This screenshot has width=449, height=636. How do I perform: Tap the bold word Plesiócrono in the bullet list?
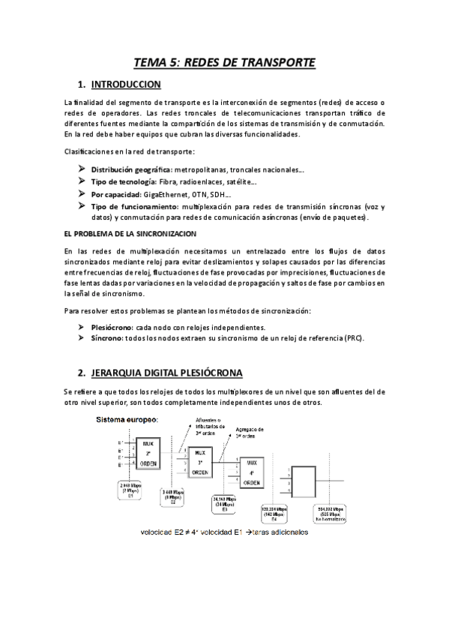[x=112, y=328]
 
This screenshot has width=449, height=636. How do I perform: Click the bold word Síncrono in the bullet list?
[x=106, y=339]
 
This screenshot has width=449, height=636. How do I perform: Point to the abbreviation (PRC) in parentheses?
[x=354, y=339]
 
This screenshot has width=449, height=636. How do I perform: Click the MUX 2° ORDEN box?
[x=148, y=451]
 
